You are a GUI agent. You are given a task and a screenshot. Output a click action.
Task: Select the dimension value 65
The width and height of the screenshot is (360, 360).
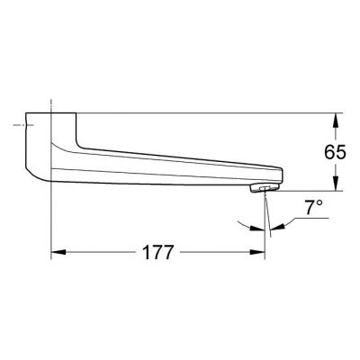pyautogui.click(x=334, y=152)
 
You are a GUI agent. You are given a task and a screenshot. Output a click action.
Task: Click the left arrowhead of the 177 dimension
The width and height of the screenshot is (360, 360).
pyautogui.click(x=56, y=253)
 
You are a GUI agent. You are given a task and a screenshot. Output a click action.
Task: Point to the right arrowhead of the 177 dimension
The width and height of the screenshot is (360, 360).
pyautogui.click(x=262, y=253)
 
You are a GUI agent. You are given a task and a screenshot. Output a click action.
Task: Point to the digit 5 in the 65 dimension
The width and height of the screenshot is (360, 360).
pyautogui.click(x=340, y=152)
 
